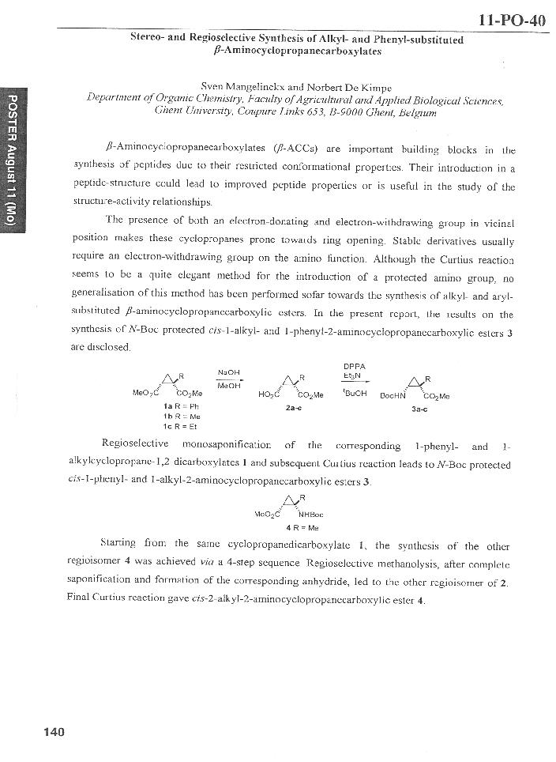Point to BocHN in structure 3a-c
pyautogui.click(x=393, y=396)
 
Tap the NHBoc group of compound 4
pyautogui.click(x=311, y=515)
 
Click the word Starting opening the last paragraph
pyautogui.click(x=121, y=545)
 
